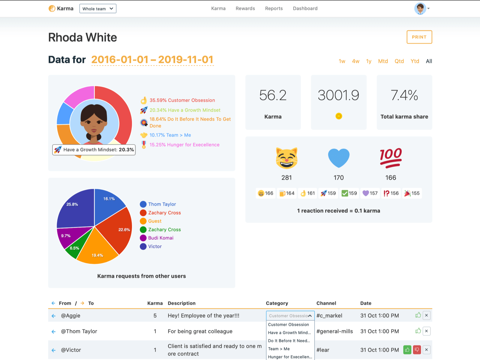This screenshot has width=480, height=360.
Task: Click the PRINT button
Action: tap(419, 37)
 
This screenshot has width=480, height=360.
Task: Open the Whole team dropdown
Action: tap(97, 9)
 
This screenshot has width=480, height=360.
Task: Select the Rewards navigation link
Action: tap(245, 8)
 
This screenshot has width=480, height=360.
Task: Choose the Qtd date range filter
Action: tap(399, 61)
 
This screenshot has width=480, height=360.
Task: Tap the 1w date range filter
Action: tap(342, 61)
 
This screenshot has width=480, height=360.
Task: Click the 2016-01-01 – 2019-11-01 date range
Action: tap(152, 60)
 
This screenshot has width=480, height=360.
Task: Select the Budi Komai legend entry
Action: tap(160, 238)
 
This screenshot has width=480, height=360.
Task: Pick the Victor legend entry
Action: tap(155, 246)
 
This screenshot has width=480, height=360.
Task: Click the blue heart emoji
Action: tap(339, 158)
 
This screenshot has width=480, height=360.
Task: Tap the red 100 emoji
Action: tap(391, 158)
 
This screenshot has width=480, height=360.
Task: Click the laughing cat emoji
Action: tap(286, 158)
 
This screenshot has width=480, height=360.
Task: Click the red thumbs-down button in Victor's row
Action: tap(417, 350)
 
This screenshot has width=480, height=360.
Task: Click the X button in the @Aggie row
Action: tap(426, 316)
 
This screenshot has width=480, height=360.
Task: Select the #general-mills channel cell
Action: tap(334, 331)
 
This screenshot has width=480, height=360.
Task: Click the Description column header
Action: tap(181, 303)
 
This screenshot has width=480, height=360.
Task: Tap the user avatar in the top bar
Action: tap(420, 9)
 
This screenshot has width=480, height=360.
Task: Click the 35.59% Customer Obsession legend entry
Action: tap(182, 100)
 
